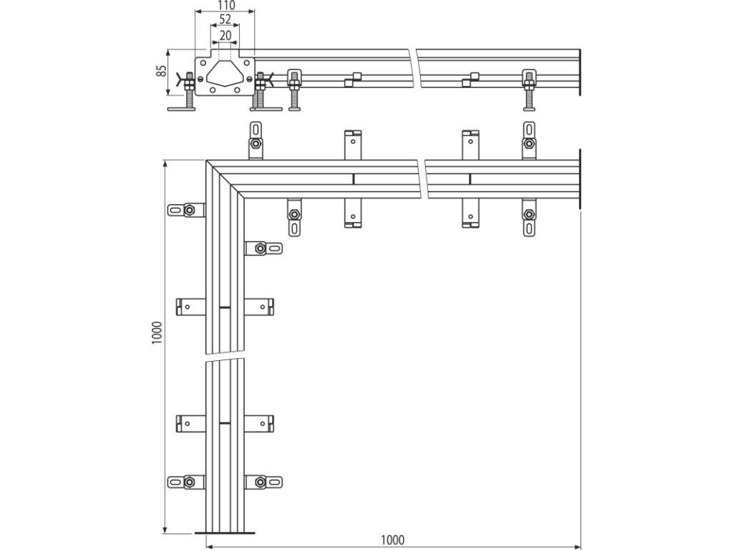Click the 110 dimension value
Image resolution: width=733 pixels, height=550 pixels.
click(x=225, y=5)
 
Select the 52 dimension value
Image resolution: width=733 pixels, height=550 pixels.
click(x=225, y=19)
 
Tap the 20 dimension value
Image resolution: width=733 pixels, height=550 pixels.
click(x=225, y=34)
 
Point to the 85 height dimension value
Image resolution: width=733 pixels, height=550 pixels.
click(x=162, y=71)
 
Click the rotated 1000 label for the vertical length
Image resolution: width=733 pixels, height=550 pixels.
click(x=158, y=334)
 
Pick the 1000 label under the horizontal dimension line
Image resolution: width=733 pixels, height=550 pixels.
click(x=392, y=540)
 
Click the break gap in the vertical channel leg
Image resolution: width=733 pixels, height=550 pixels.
click(x=225, y=357)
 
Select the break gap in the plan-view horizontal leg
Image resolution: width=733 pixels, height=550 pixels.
click(x=422, y=180)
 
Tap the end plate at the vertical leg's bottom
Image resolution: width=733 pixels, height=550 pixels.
click(x=225, y=532)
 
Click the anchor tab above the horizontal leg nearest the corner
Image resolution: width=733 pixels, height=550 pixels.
click(x=256, y=139)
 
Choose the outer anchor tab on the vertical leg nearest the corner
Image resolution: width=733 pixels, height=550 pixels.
click(x=186, y=210)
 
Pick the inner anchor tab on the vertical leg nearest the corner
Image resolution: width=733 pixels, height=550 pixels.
click(x=264, y=249)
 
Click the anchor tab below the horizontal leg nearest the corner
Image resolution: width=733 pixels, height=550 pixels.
click(x=294, y=218)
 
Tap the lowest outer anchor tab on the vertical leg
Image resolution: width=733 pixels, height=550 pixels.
click(x=185, y=482)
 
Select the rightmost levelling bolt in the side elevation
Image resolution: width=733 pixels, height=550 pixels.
click(x=529, y=90)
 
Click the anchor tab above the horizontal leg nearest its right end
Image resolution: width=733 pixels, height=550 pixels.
click(x=528, y=139)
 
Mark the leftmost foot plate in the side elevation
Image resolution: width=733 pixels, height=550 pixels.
click(x=186, y=108)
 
